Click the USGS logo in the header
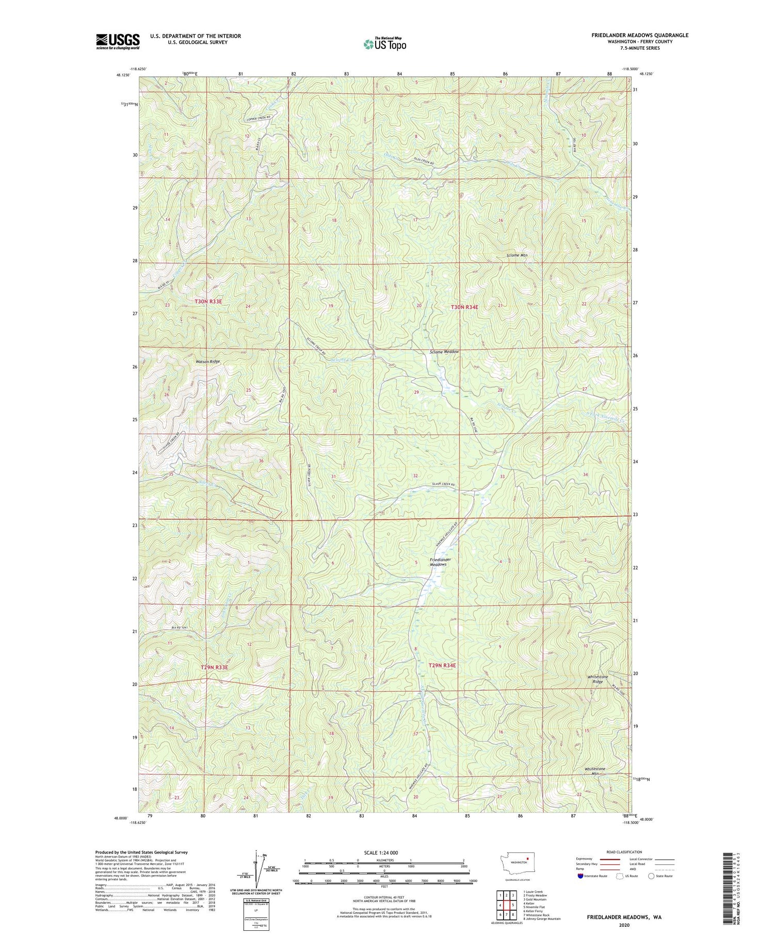coord(118,41)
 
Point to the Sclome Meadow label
coord(444,352)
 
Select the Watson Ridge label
coord(207,361)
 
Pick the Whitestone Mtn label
coord(594,771)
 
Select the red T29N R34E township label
coord(442,665)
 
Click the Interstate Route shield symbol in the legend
coord(580,876)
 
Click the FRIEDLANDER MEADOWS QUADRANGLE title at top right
coord(639,35)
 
